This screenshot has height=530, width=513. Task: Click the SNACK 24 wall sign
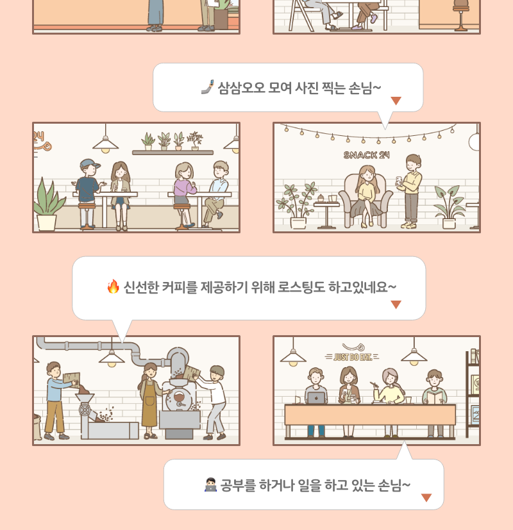366,155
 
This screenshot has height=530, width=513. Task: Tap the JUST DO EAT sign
353,357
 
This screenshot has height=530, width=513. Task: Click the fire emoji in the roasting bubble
114,286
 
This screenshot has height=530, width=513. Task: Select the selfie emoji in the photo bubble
208,87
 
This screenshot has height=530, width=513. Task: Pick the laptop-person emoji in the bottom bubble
210,484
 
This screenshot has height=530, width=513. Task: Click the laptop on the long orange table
316,398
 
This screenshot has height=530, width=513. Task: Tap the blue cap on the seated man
89,164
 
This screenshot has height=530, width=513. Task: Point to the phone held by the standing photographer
399,181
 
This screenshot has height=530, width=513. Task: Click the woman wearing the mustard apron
149,401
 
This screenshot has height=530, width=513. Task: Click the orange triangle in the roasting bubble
396,304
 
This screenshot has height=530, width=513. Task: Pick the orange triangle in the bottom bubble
426,497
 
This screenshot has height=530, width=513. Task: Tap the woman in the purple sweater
184,194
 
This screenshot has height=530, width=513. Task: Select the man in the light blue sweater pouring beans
57,401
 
